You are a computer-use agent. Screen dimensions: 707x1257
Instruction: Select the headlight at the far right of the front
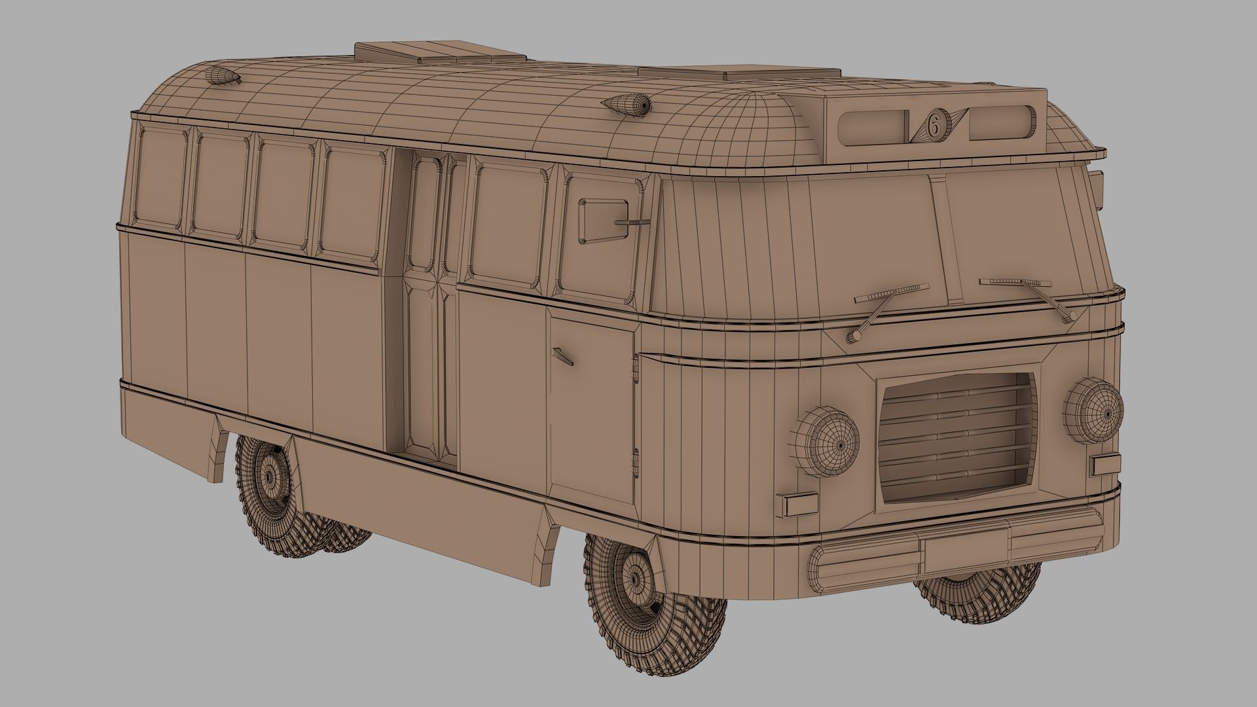point(1093,410)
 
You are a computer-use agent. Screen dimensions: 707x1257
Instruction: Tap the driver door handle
point(562,356)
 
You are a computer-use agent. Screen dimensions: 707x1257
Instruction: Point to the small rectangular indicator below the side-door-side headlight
point(797,504)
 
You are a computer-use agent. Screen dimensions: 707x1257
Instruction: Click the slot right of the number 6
point(1000,122)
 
